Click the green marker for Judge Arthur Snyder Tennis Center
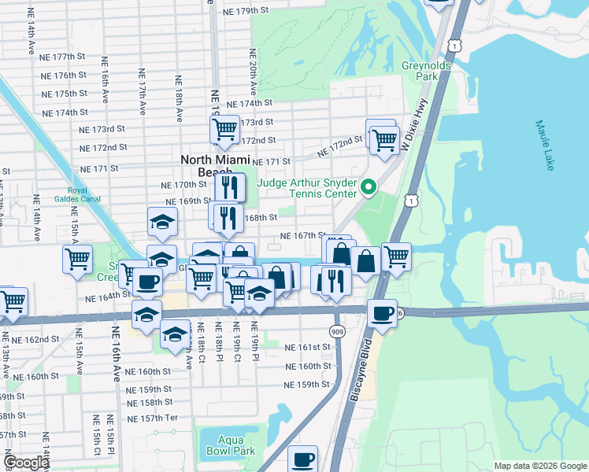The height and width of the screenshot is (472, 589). click(x=368, y=186)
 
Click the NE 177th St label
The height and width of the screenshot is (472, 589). click(x=64, y=57)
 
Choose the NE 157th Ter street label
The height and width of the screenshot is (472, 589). click(x=152, y=418)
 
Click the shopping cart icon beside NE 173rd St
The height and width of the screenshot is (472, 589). click(x=225, y=128)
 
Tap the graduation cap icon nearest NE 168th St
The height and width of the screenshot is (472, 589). click(x=162, y=223)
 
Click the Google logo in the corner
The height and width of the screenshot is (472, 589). click(x=26, y=462)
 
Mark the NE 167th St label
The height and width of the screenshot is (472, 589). click(x=304, y=235)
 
